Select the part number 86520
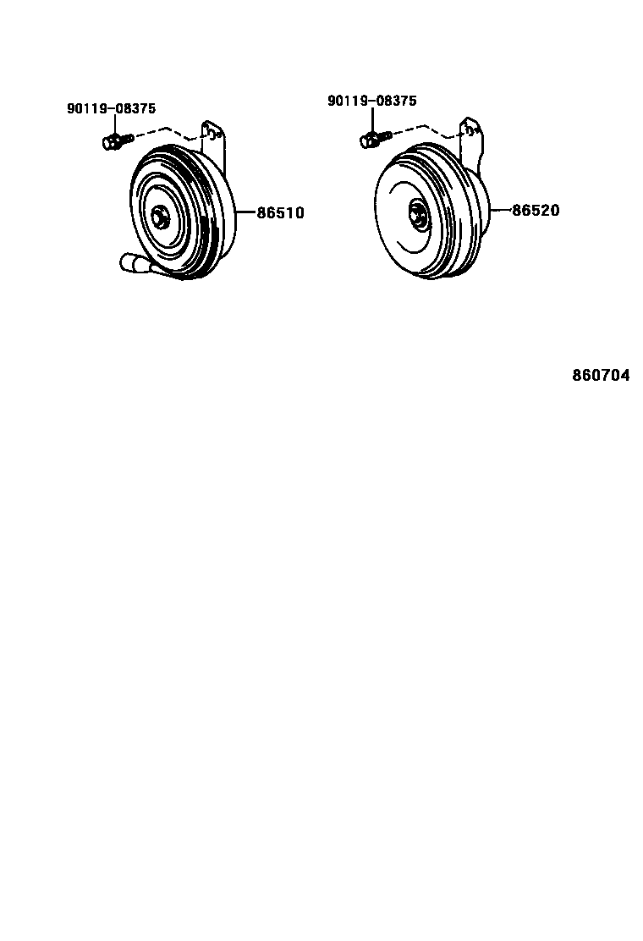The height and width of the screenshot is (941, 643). click(535, 211)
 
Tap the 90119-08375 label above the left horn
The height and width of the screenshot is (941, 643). click(112, 108)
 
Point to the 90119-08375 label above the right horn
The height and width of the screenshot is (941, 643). click(372, 101)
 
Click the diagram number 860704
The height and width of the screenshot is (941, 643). click(601, 376)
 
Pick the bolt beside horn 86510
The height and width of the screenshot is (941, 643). click(115, 140)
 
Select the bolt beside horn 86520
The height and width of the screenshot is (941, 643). click(373, 137)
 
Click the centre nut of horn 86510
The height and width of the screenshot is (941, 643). click(158, 217)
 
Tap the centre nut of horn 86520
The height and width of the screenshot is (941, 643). click(417, 213)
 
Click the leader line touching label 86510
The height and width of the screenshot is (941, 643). click(245, 212)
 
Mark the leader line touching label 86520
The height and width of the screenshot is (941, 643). click(501, 210)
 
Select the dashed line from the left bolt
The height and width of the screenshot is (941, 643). click(165, 130)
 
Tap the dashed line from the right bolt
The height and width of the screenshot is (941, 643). click(423, 127)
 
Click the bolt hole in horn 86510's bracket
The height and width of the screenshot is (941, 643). click(207, 132)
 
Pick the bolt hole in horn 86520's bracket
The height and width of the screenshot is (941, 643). click(465, 129)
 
